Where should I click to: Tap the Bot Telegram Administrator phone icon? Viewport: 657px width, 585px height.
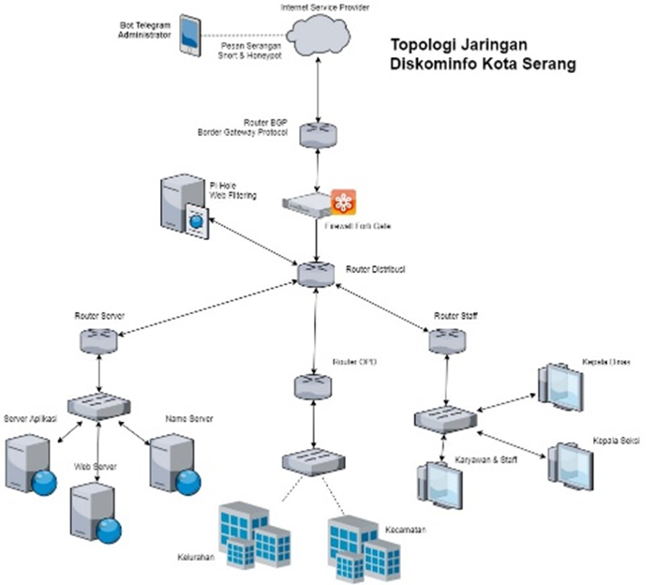coord(190,33)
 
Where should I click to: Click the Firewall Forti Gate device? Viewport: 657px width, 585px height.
coord(309,202)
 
